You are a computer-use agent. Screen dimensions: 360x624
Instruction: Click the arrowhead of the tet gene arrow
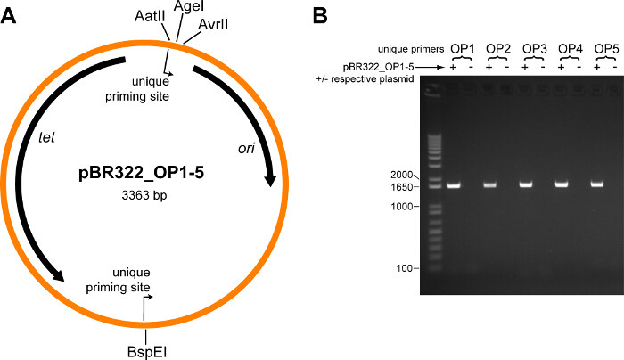click(x=59, y=275)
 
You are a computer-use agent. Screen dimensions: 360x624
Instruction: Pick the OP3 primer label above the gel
click(x=534, y=46)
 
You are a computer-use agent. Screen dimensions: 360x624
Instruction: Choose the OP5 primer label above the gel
click(x=605, y=46)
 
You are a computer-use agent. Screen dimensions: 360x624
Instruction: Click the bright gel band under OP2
click(x=490, y=185)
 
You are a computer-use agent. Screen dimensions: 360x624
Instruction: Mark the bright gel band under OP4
click(x=562, y=184)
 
